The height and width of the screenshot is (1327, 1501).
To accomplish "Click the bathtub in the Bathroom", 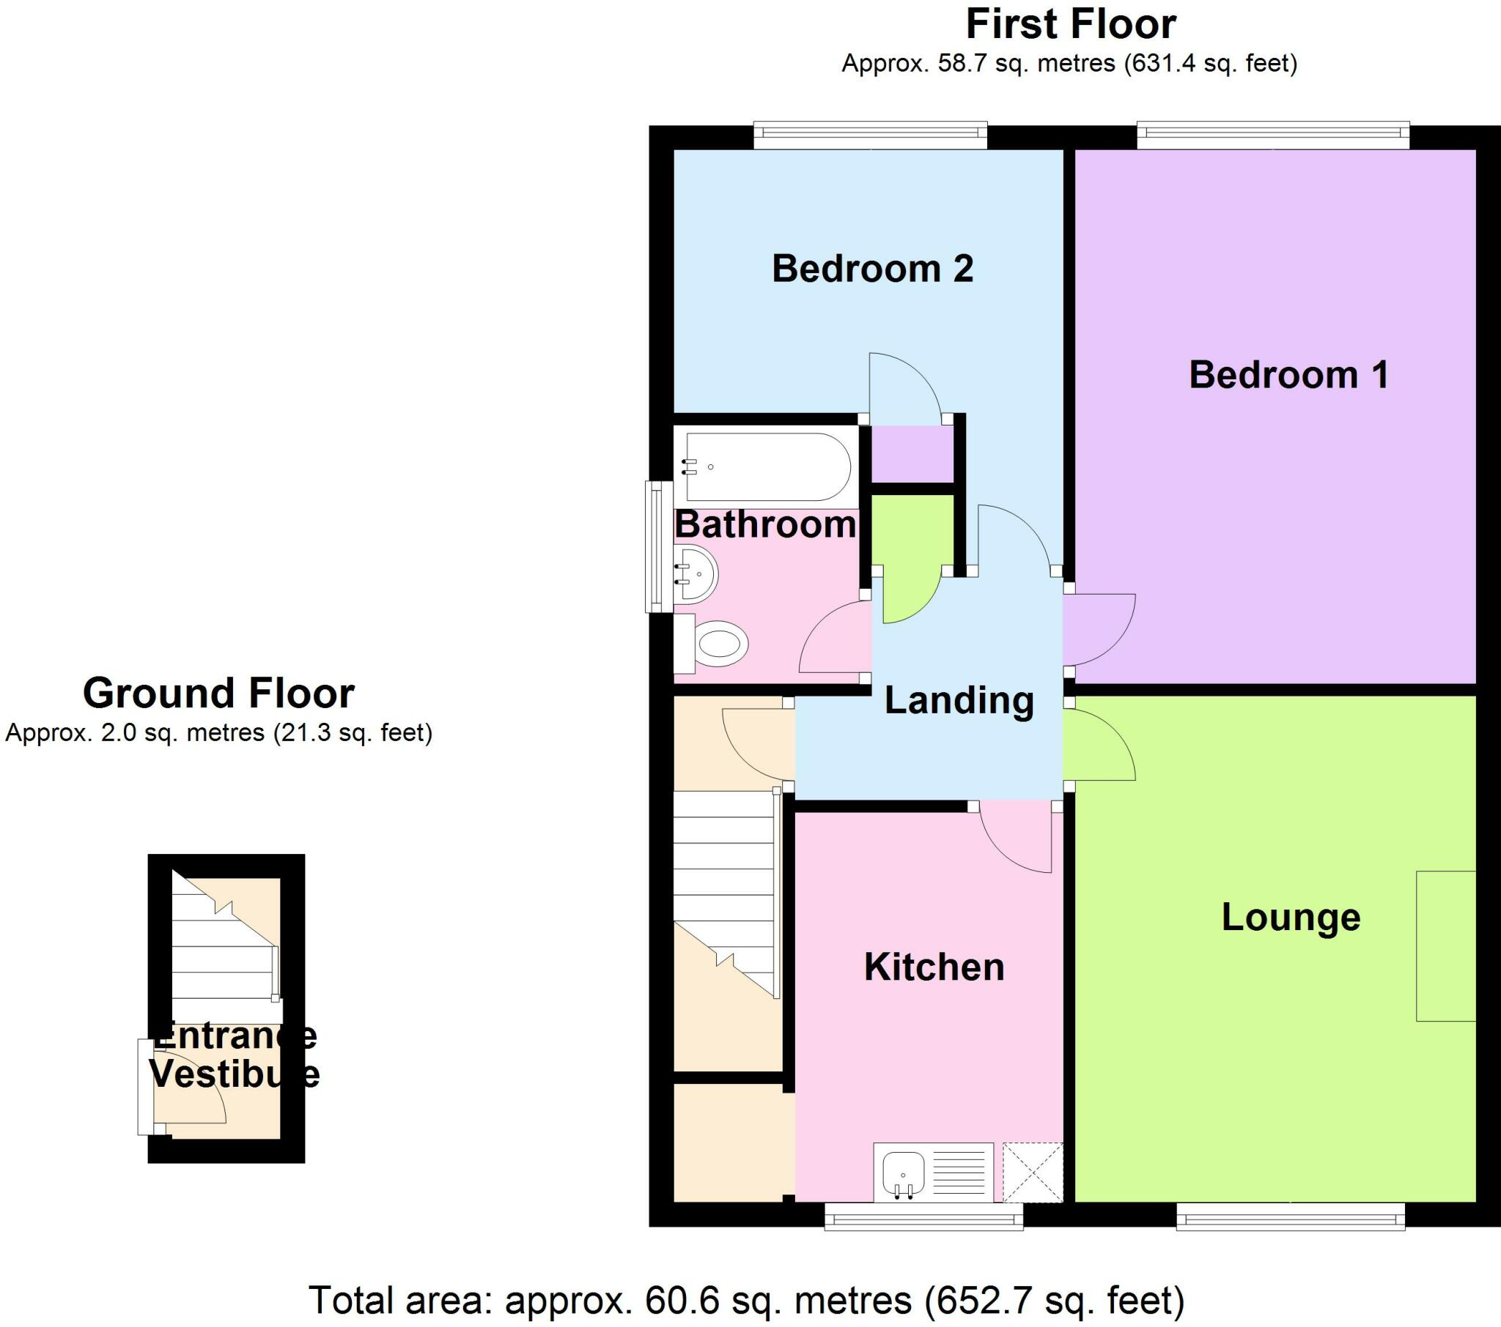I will pyautogui.click(x=767, y=467).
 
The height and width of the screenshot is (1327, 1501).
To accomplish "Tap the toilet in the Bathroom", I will pyautogui.click(x=718, y=644).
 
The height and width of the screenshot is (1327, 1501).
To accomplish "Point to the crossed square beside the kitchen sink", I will pyautogui.click(x=1033, y=1172).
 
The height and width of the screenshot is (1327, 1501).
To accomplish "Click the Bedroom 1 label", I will pyautogui.click(x=1288, y=375).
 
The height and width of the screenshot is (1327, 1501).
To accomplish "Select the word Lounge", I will pyautogui.click(x=1290, y=918).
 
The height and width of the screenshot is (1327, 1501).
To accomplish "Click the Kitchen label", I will pyautogui.click(x=933, y=967).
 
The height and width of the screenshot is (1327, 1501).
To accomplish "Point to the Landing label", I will pyautogui.click(x=959, y=700).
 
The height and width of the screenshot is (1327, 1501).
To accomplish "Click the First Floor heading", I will pyautogui.click(x=1070, y=25).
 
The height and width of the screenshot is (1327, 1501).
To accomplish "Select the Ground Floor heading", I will pyautogui.click(x=218, y=693).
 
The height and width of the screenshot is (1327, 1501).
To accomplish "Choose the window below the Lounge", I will pyautogui.click(x=1290, y=1219).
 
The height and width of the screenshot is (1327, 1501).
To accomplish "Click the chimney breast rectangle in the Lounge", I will pyautogui.click(x=1445, y=945).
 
